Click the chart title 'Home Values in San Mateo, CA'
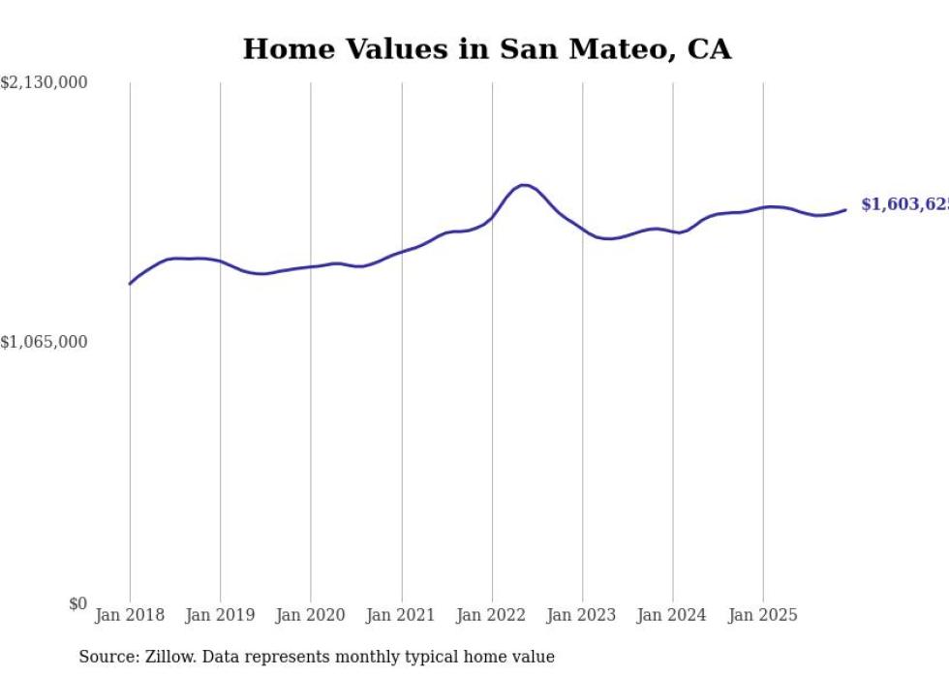tap(486, 49)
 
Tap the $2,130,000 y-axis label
tap(45, 83)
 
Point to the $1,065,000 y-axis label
tap(45, 342)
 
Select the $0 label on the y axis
tap(77, 603)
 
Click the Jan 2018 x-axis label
tap(130, 615)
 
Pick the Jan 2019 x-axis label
tap(220, 615)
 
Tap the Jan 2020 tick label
tap(310, 615)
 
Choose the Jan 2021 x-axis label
tap(401, 615)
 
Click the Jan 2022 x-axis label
tap(491, 615)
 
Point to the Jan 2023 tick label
tap(581, 615)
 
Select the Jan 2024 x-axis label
tap(672, 615)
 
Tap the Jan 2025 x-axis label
tap(762, 615)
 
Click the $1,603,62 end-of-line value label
tap(904, 204)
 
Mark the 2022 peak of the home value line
tap(523, 185)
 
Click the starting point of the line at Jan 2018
tap(130, 284)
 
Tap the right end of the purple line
tap(845, 209)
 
